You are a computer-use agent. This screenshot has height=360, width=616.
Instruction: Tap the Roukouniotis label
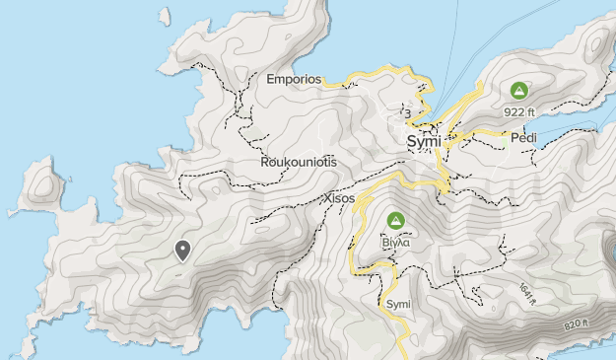pyautogui.click(x=299, y=161)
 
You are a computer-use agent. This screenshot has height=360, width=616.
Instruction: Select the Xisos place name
pyautogui.click(x=339, y=198)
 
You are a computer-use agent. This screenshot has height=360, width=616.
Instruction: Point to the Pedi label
pyautogui.click(x=523, y=138)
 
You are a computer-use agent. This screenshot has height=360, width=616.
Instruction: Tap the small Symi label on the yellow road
pyautogui.click(x=398, y=303)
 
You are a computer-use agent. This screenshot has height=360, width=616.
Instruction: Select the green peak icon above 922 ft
pyautogui.click(x=518, y=91)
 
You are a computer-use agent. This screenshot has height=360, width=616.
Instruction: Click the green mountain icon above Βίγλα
pyautogui.click(x=396, y=220)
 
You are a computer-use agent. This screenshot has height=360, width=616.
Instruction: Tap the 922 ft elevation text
pyautogui.click(x=519, y=111)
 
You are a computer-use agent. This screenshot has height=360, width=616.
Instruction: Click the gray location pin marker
pyautogui.click(x=182, y=251)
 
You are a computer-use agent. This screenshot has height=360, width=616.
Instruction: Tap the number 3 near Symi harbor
pyautogui.click(x=407, y=113)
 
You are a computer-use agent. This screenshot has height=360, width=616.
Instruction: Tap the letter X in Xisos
pyautogui.click(x=327, y=198)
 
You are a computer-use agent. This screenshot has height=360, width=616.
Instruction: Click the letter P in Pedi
pyautogui.click(x=513, y=138)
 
